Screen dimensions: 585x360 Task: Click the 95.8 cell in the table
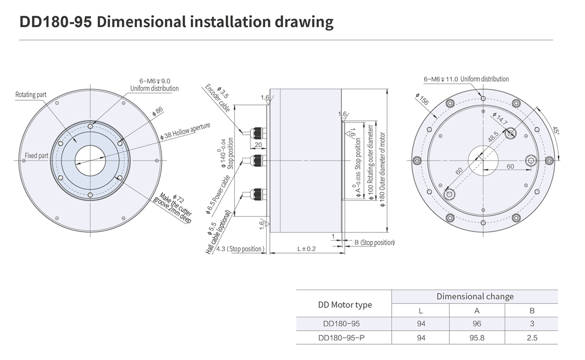point(477,338)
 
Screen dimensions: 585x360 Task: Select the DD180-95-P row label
point(341,338)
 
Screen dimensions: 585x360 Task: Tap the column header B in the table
point(532,311)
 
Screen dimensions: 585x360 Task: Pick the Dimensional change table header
point(475,297)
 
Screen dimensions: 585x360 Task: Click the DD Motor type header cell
point(345,305)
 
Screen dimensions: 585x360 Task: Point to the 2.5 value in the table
point(532,338)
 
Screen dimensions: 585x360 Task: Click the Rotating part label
point(31,95)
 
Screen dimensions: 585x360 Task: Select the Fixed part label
point(36,155)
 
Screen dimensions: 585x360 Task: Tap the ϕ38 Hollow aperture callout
point(185,131)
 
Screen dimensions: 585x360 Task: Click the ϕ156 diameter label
point(422,99)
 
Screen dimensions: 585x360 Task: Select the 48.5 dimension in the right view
point(493,137)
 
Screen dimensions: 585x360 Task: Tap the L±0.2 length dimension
point(306,249)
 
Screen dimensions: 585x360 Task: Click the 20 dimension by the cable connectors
point(258,145)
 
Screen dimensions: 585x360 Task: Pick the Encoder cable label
point(217,99)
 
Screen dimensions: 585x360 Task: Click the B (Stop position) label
point(375,242)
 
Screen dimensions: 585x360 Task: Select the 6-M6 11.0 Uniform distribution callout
point(466,79)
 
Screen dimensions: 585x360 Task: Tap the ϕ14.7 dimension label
point(500,119)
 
